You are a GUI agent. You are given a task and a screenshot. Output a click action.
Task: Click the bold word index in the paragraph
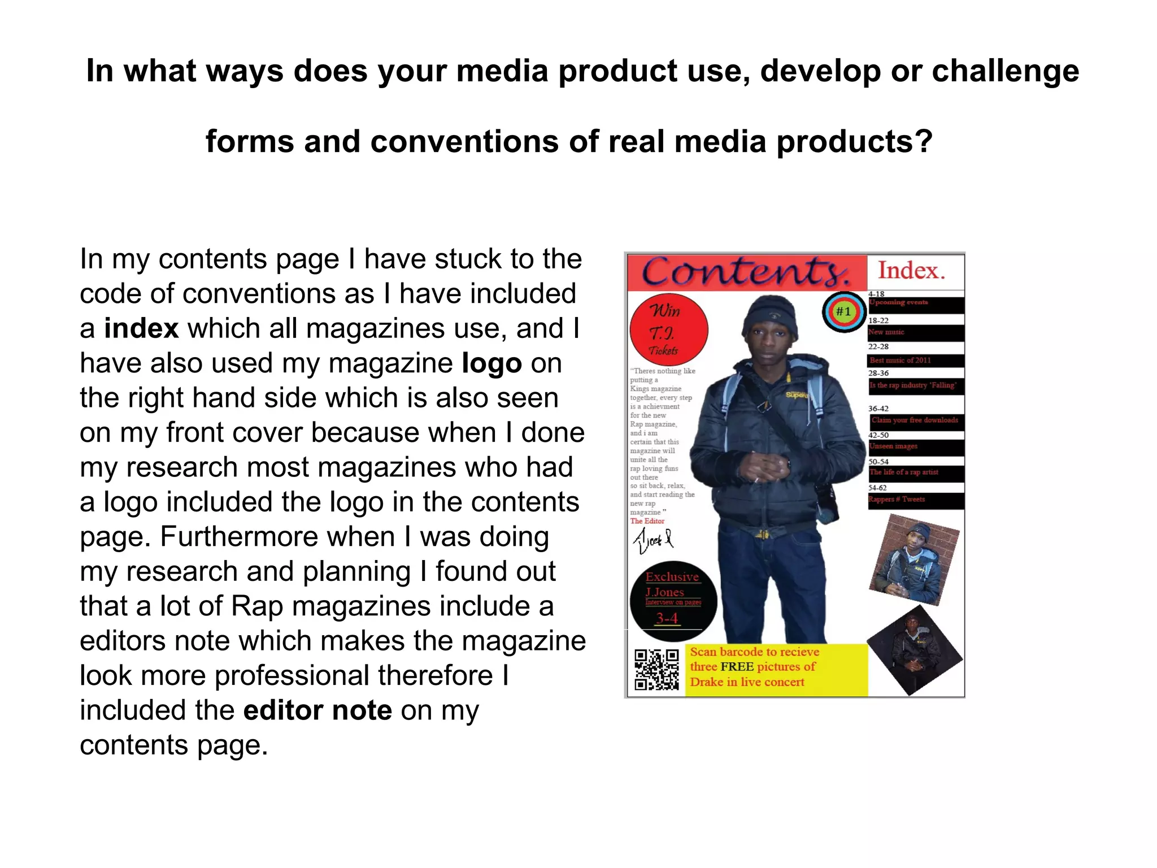(x=141, y=329)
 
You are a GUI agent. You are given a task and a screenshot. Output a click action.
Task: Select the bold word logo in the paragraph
(x=491, y=363)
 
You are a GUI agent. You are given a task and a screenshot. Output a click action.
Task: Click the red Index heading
(x=911, y=271)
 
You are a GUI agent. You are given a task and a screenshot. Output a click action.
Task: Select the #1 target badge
(x=843, y=311)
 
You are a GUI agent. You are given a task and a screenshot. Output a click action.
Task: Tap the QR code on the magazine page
(x=656, y=670)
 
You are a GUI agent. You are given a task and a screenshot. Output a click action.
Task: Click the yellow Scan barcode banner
(x=776, y=669)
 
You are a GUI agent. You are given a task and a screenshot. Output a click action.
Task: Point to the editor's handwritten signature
(x=653, y=540)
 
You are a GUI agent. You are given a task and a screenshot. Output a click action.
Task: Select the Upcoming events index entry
(x=915, y=303)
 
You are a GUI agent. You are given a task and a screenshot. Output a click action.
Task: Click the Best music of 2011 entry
(x=915, y=361)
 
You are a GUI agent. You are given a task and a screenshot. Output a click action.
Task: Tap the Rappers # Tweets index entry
(x=915, y=500)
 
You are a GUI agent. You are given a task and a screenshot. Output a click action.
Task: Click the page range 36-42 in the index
(x=878, y=408)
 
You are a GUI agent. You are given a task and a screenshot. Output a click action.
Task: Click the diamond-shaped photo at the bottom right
(x=914, y=650)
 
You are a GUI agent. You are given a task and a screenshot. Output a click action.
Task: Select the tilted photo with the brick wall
(x=914, y=559)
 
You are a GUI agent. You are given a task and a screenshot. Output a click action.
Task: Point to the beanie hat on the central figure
(x=770, y=318)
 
